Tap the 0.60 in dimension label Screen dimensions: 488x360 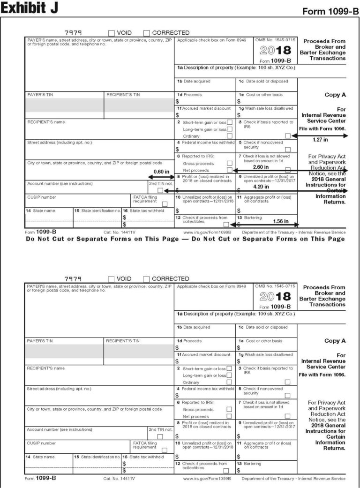coord(161,171)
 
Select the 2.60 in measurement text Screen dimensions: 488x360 coord(260,166)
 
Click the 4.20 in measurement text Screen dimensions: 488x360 coord(260,186)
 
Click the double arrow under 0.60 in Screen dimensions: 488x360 coord(161,177)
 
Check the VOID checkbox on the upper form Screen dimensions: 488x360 coord(112,33)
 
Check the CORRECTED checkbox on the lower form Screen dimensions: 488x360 coord(147,279)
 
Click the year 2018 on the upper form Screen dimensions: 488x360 coord(276,51)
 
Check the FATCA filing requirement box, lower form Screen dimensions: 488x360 coord(165,450)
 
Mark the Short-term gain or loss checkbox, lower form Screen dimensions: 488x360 coord(229,368)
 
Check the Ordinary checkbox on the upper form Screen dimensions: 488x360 coord(229,136)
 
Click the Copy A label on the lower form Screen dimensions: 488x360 coord(335,341)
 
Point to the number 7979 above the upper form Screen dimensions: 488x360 coord(73,33)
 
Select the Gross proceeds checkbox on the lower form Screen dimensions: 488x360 coord(229,409)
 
